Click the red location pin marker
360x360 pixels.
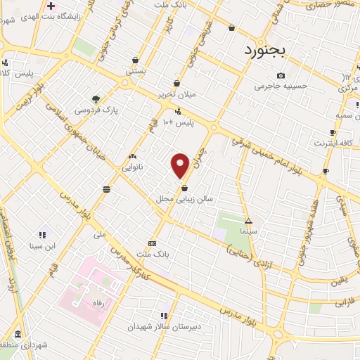coord(181,165)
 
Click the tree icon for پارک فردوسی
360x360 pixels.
coord(96,99)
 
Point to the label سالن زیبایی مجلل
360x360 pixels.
coord(184,200)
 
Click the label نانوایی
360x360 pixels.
coord(133,167)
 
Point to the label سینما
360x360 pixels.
coord(247,231)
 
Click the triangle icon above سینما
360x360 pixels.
coord(247,220)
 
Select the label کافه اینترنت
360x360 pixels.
coord(330,143)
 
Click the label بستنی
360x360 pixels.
coord(135,71)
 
